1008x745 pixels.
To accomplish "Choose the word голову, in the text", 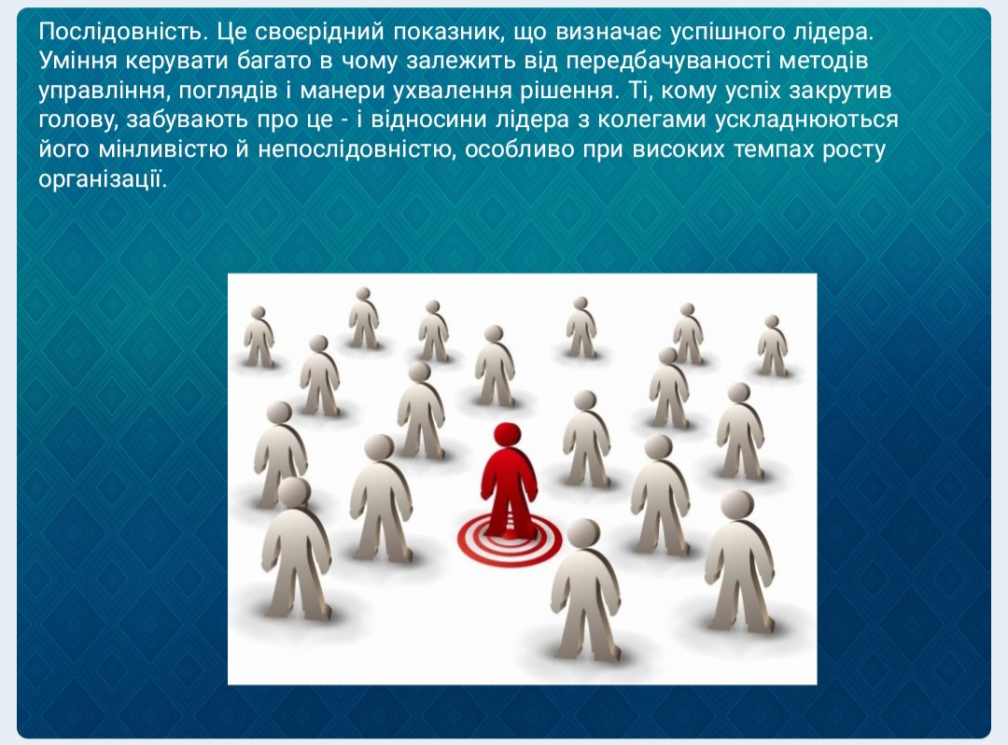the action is pyautogui.click(x=79, y=120).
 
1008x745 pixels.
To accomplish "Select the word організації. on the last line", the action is pyautogui.click(x=103, y=180).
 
